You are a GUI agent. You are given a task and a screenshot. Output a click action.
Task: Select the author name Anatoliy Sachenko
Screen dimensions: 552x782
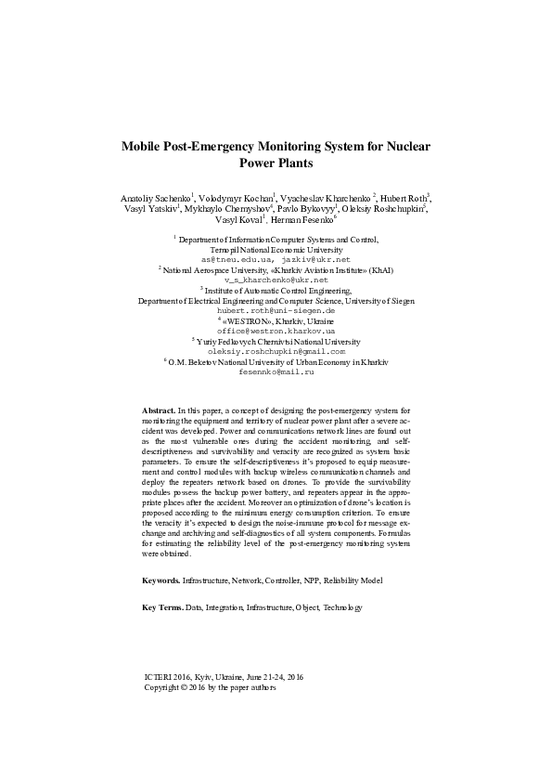[x=154, y=200]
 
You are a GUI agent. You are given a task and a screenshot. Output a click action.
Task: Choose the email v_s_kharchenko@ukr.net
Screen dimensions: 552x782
[x=276, y=280]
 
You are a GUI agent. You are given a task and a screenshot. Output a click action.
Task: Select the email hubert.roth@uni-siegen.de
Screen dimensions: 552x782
[x=276, y=310]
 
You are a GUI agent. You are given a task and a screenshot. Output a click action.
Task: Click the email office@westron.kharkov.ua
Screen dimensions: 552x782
[x=276, y=331]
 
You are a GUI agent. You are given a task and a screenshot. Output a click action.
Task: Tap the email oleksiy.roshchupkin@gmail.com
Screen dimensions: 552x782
[x=276, y=352]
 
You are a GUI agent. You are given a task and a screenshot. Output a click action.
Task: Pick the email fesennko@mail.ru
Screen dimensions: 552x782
[x=276, y=371]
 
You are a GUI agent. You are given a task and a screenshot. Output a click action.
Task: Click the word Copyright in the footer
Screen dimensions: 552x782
[x=161, y=688]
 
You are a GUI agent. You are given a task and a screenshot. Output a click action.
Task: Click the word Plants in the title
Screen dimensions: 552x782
[x=276, y=163]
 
